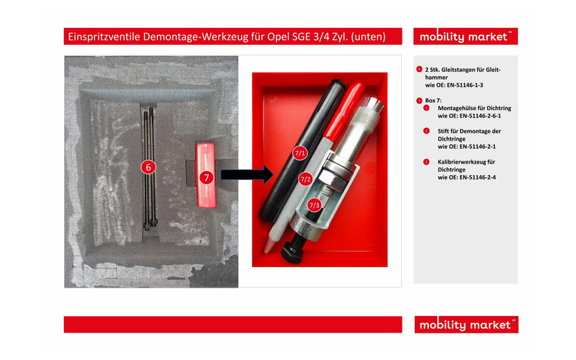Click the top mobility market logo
click(x=465, y=36)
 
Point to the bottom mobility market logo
click(x=465, y=325)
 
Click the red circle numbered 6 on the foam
click(x=148, y=167)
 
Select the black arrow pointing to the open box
click(x=245, y=174)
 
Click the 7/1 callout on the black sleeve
click(x=300, y=153)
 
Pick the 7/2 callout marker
click(x=305, y=179)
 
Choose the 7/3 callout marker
click(x=314, y=205)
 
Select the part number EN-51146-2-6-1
click(x=465, y=115)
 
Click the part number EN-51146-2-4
click(x=462, y=176)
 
